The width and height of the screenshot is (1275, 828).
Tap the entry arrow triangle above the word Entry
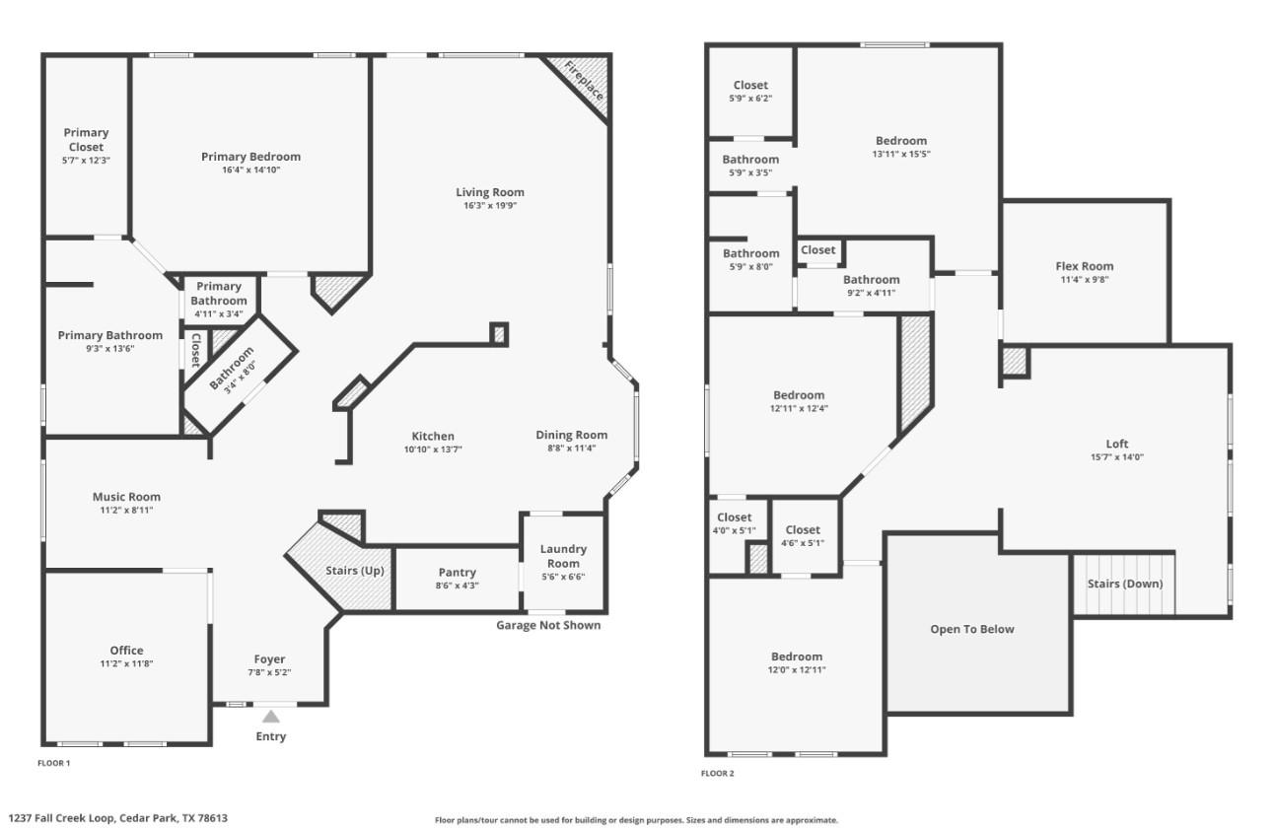coord(271,717)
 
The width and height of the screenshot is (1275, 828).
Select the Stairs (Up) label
coord(355,572)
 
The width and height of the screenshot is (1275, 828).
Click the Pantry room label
coord(457,573)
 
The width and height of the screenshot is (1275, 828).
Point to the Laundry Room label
coord(563,556)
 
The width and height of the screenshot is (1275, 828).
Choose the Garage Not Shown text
coord(547,625)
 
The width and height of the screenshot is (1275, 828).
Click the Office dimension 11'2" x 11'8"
coord(126,664)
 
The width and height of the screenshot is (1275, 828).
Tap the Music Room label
coord(126,497)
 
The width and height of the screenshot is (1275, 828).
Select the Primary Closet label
coord(86,140)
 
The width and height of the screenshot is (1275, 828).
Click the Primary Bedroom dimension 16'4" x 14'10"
coord(250,171)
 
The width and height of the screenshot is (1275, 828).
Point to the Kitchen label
coord(433,437)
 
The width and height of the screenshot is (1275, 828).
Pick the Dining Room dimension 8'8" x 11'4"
coord(571,448)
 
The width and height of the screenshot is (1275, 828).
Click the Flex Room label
coord(1084,266)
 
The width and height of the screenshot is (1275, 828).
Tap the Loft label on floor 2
coord(1116,444)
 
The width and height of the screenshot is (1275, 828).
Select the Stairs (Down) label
coord(1124,584)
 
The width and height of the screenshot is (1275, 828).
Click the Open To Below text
coord(971,629)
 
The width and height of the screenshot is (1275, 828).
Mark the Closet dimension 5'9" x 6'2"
coord(750,99)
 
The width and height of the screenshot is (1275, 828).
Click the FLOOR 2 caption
coord(717,774)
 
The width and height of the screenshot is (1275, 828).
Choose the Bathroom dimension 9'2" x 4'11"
coord(871,293)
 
